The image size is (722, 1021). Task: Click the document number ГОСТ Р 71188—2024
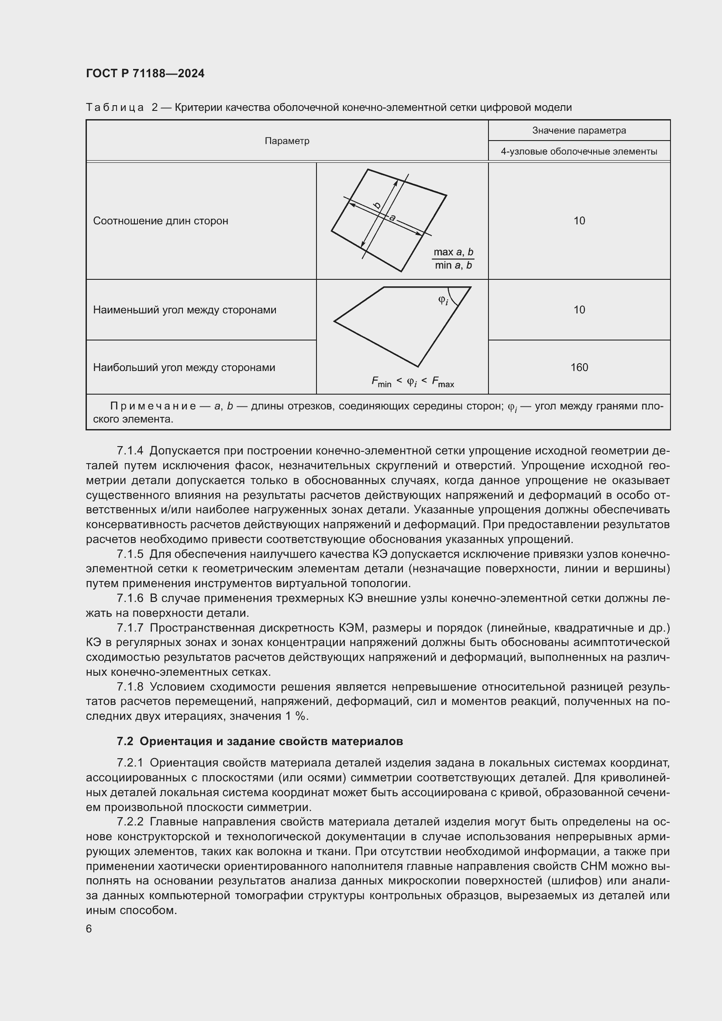click(x=145, y=74)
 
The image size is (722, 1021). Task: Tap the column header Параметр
click(x=287, y=141)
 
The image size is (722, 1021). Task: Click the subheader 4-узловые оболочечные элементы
click(x=579, y=151)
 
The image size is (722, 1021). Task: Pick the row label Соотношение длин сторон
click(x=161, y=221)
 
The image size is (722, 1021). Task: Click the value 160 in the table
click(x=579, y=368)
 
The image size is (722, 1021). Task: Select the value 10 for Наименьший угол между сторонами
click(x=579, y=310)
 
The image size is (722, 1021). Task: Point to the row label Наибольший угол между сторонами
click(x=184, y=368)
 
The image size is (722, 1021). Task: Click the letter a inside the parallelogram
click(x=392, y=218)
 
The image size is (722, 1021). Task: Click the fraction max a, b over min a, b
click(x=453, y=259)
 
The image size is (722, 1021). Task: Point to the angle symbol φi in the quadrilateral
click(x=443, y=301)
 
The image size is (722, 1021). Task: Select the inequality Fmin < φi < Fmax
click(x=413, y=382)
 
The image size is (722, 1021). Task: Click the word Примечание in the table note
click(x=153, y=406)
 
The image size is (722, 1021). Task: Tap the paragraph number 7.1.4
click(x=130, y=451)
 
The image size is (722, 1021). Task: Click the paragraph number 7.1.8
click(x=130, y=687)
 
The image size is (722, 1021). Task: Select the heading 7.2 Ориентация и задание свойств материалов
click(x=260, y=741)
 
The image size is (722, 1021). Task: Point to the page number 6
click(x=89, y=929)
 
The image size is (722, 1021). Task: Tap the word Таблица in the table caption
click(x=115, y=108)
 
